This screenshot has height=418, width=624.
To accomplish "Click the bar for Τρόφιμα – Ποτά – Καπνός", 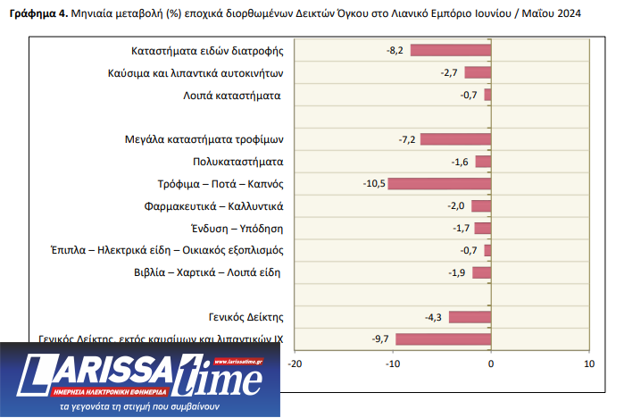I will click(x=440, y=184).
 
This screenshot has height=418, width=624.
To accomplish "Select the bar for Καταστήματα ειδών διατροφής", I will click(x=451, y=50).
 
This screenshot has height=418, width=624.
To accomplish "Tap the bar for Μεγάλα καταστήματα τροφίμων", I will click(x=455, y=139).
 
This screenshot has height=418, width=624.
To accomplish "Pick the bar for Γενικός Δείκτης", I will click(x=470, y=317).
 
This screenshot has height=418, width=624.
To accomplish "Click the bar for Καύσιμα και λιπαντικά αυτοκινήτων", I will click(x=478, y=72).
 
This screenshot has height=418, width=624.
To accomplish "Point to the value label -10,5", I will click(x=374, y=184).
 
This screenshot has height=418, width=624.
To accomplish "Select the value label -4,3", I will click(x=435, y=317).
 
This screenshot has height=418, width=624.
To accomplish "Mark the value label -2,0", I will click(x=456, y=206).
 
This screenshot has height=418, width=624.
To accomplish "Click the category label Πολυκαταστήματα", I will click(x=237, y=162).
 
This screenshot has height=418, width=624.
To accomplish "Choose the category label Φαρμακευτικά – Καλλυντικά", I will click(x=213, y=206).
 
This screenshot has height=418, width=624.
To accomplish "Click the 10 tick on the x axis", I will click(x=588, y=364).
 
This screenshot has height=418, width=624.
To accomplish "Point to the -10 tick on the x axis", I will click(x=393, y=364).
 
